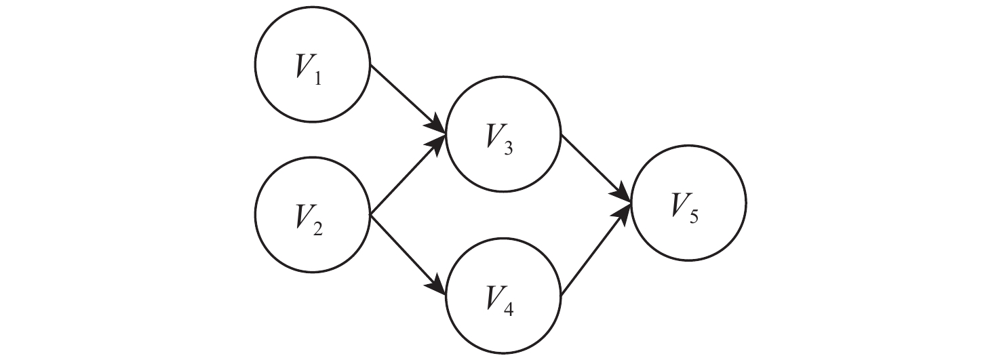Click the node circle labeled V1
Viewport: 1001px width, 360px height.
click(312, 66)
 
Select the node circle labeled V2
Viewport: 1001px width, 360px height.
click(312, 215)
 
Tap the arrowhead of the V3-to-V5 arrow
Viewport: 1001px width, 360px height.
click(625, 192)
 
